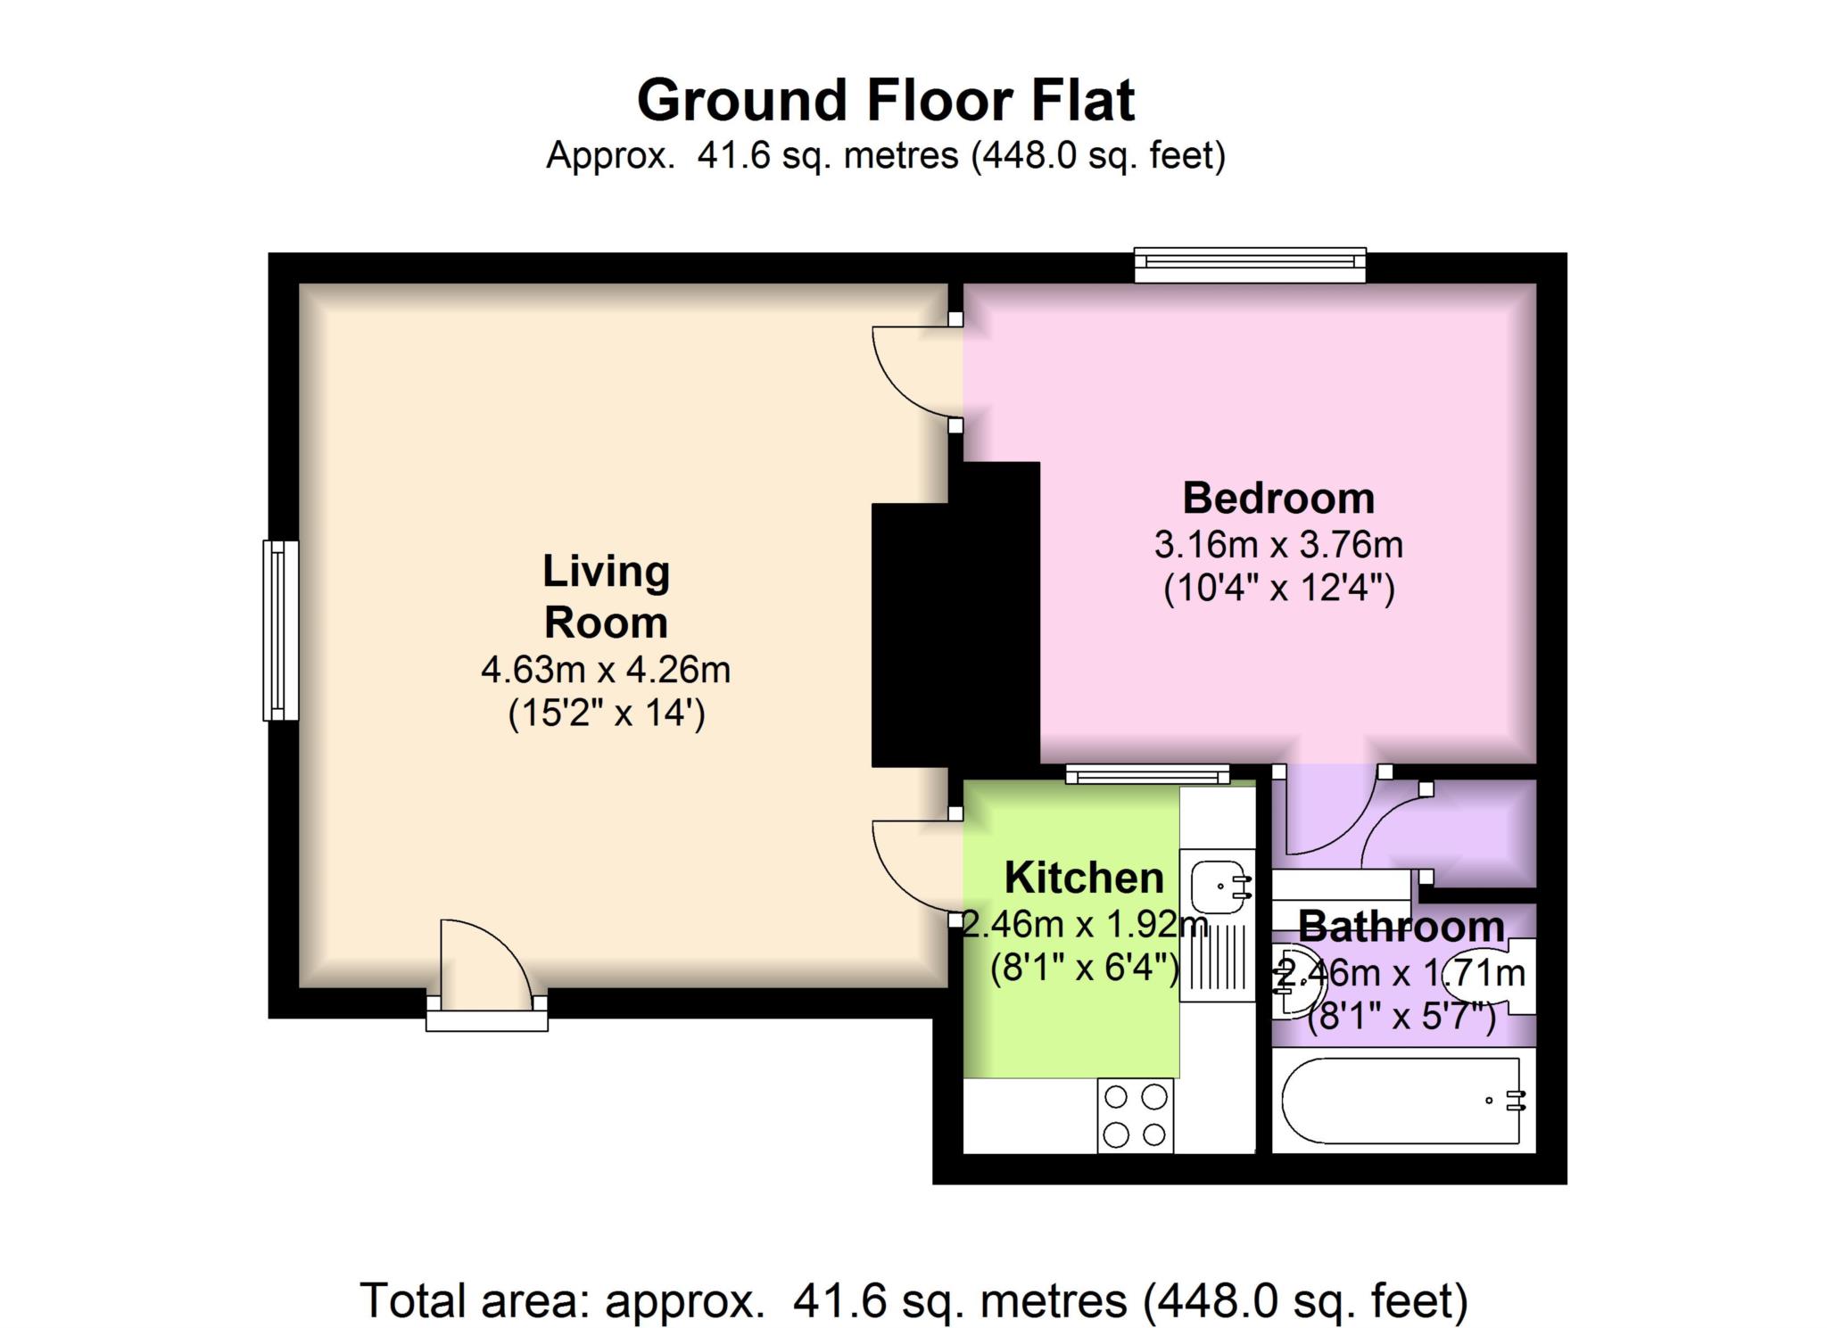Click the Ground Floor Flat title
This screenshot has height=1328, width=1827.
885,100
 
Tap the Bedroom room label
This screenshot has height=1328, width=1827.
1277,498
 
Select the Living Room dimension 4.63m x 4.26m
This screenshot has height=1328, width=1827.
606,670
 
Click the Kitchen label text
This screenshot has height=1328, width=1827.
1084,878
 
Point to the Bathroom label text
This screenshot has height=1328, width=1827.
1401,927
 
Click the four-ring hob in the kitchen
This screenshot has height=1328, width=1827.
1135,1115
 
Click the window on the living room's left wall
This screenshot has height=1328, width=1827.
280,630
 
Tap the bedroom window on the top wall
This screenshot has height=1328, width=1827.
1250,263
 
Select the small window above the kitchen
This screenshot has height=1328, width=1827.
1147,774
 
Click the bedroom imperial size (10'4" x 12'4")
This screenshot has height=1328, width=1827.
1277,590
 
